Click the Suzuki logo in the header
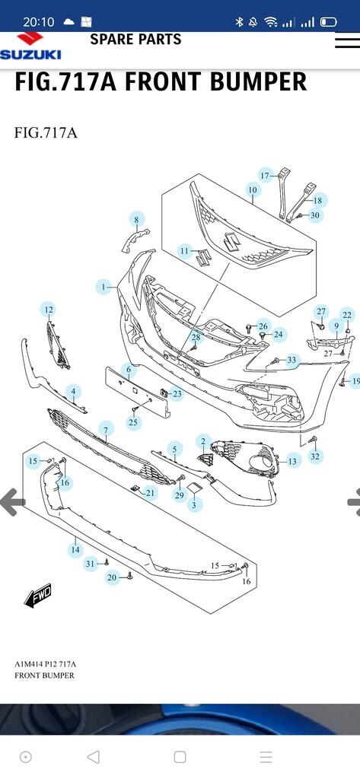point(31,46)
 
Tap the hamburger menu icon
point(348,41)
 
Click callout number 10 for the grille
point(253,189)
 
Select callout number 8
point(136,219)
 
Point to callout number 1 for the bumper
point(104,287)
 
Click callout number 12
point(48,310)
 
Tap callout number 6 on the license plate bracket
point(129,370)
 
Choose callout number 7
point(106,429)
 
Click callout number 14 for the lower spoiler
point(75,550)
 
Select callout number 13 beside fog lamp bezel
point(292,462)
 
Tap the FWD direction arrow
point(38,596)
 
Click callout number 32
point(315,456)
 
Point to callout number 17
point(265,176)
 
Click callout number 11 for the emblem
point(185,251)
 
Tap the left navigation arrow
point(12,502)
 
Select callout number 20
point(112,577)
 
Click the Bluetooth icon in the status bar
point(239,22)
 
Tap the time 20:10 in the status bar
point(38,22)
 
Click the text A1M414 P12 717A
point(45,664)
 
